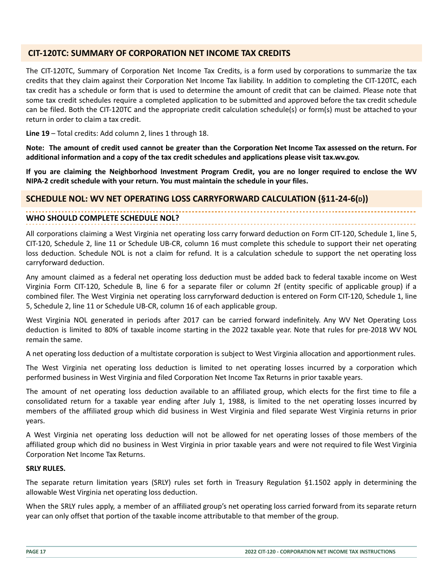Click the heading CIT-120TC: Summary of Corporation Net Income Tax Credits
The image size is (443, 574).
click(x=159, y=53)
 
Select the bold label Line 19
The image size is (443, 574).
click(x=37, y=133)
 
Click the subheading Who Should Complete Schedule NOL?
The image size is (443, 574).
click(x=103, y=218)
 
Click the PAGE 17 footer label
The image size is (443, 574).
click(x=36, y=552)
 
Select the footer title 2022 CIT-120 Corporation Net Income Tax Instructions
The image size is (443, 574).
click(x=320, y=552)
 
